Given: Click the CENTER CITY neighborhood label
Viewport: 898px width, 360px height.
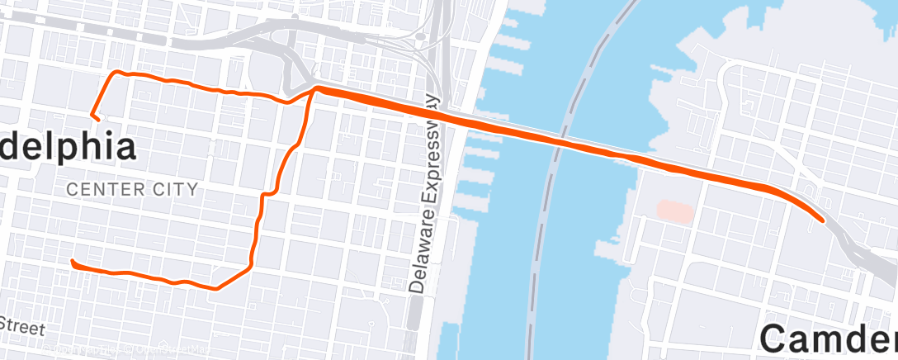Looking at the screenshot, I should coord(132,189).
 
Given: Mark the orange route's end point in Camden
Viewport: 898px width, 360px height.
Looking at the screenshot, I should coord(822,220).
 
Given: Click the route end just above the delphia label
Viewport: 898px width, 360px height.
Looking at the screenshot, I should coord(97,119).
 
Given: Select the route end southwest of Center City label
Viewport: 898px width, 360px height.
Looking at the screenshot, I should coord(73,262).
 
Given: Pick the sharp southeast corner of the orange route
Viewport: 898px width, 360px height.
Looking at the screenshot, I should coord(216,288).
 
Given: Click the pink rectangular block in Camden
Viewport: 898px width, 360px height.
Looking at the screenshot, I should coord(676,208).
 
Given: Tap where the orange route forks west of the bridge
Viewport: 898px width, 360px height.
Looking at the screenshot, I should coord(314,88).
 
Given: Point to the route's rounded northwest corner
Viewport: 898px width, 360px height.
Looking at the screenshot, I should coord(116,74).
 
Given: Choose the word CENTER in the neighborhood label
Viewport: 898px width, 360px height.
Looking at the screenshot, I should coord(106,189).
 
